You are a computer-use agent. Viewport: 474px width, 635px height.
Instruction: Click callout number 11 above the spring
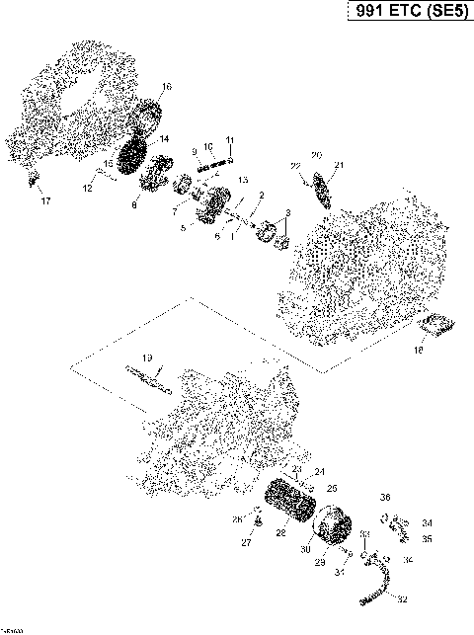(229, 139)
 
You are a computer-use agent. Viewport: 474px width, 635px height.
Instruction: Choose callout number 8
(135, 205)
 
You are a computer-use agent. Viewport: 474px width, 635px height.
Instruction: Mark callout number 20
(316, 156)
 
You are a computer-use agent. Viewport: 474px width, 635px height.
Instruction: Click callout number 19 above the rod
(146, 357)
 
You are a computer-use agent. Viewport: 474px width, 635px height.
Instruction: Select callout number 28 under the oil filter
(281, 533)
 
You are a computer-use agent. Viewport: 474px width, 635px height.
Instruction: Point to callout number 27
(246, 542)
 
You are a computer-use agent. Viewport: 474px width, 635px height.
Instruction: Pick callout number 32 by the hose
(402, 598)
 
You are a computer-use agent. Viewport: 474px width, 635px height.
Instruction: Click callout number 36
(386, 498)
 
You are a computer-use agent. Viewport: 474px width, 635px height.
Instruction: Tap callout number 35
(427, 539)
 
